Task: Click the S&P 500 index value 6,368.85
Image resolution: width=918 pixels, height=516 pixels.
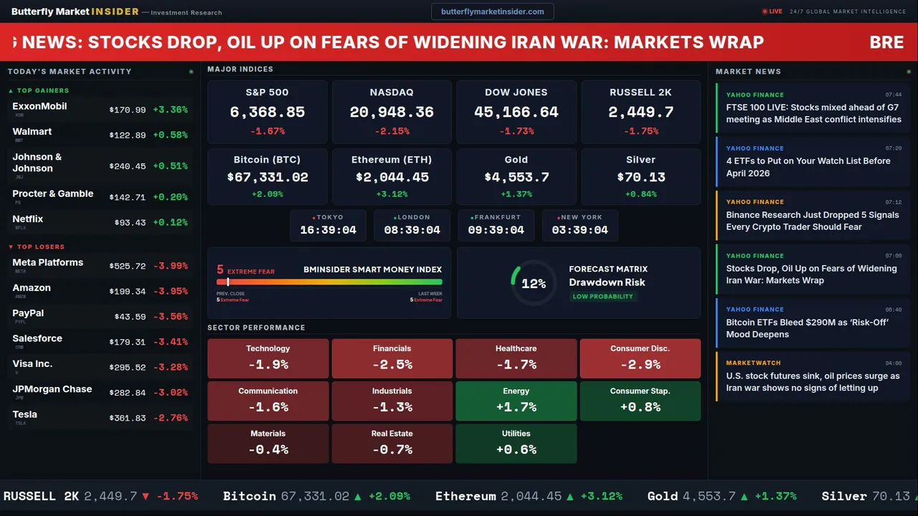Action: (267, 112)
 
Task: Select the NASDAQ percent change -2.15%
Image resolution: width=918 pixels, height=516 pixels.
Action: (392, 131)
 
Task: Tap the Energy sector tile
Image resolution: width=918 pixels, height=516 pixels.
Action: (516, 401)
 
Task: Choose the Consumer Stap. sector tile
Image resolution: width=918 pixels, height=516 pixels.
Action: (640, 401)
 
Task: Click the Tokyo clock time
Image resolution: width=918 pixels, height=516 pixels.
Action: (328, 230)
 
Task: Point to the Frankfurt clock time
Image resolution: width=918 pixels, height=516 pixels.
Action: (496, 230)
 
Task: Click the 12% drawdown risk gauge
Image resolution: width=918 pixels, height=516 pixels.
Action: (534, 284)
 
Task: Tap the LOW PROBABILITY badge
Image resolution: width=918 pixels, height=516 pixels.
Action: (602, 297)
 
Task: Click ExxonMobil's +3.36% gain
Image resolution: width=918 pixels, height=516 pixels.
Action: (170, 110)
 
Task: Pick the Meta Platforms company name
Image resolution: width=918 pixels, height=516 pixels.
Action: (48, 262)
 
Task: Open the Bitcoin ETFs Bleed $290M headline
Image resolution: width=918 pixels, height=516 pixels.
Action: (807, 328)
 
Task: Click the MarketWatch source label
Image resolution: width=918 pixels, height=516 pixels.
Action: (753, 363)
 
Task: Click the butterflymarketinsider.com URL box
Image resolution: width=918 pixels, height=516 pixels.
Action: (492, 11)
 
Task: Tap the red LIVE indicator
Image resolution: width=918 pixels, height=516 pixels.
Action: (772, 11)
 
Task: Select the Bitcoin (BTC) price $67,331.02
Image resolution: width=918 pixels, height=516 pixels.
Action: (267, 177)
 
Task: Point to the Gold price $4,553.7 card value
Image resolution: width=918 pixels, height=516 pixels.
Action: (516, 177)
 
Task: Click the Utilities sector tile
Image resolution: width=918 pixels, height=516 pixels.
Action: (516, 443)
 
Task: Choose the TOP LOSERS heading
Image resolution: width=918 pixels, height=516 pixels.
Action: (40, 247)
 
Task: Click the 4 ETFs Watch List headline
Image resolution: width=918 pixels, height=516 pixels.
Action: (808, 167)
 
